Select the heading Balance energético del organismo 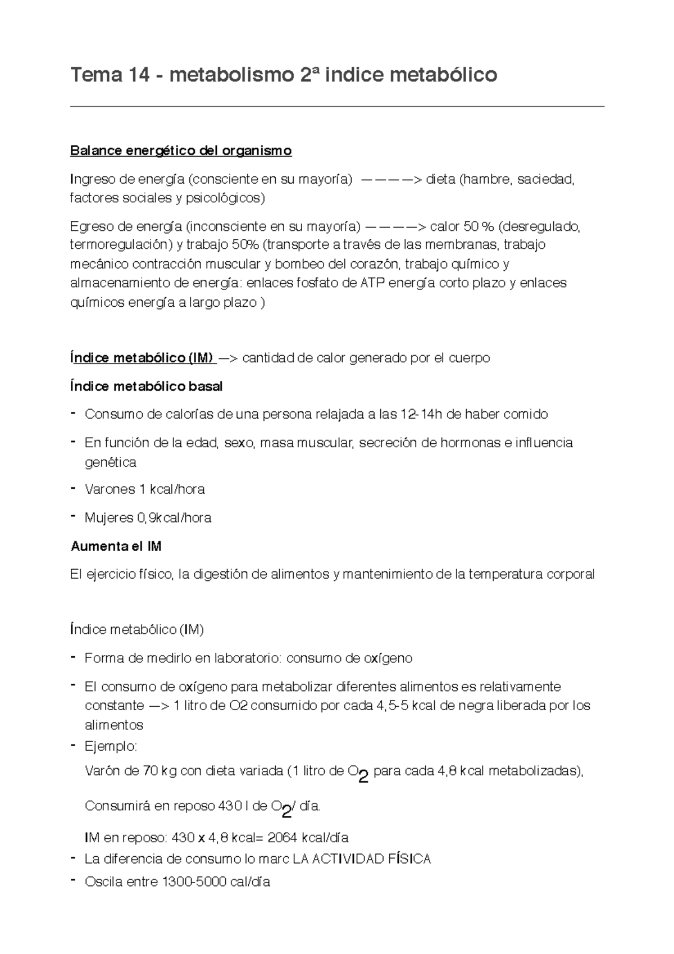pyautogui.click(x=181, y=151)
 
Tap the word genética pyautogui.click(x=110, y=462)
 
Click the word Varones pyautogui.click(x=110, y=489)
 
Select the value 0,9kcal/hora pyautogui.click(x=174, y=517)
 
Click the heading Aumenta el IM pyautogui.click(x=116, y=546)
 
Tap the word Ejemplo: pyautogui.click(x=111, y=747)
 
